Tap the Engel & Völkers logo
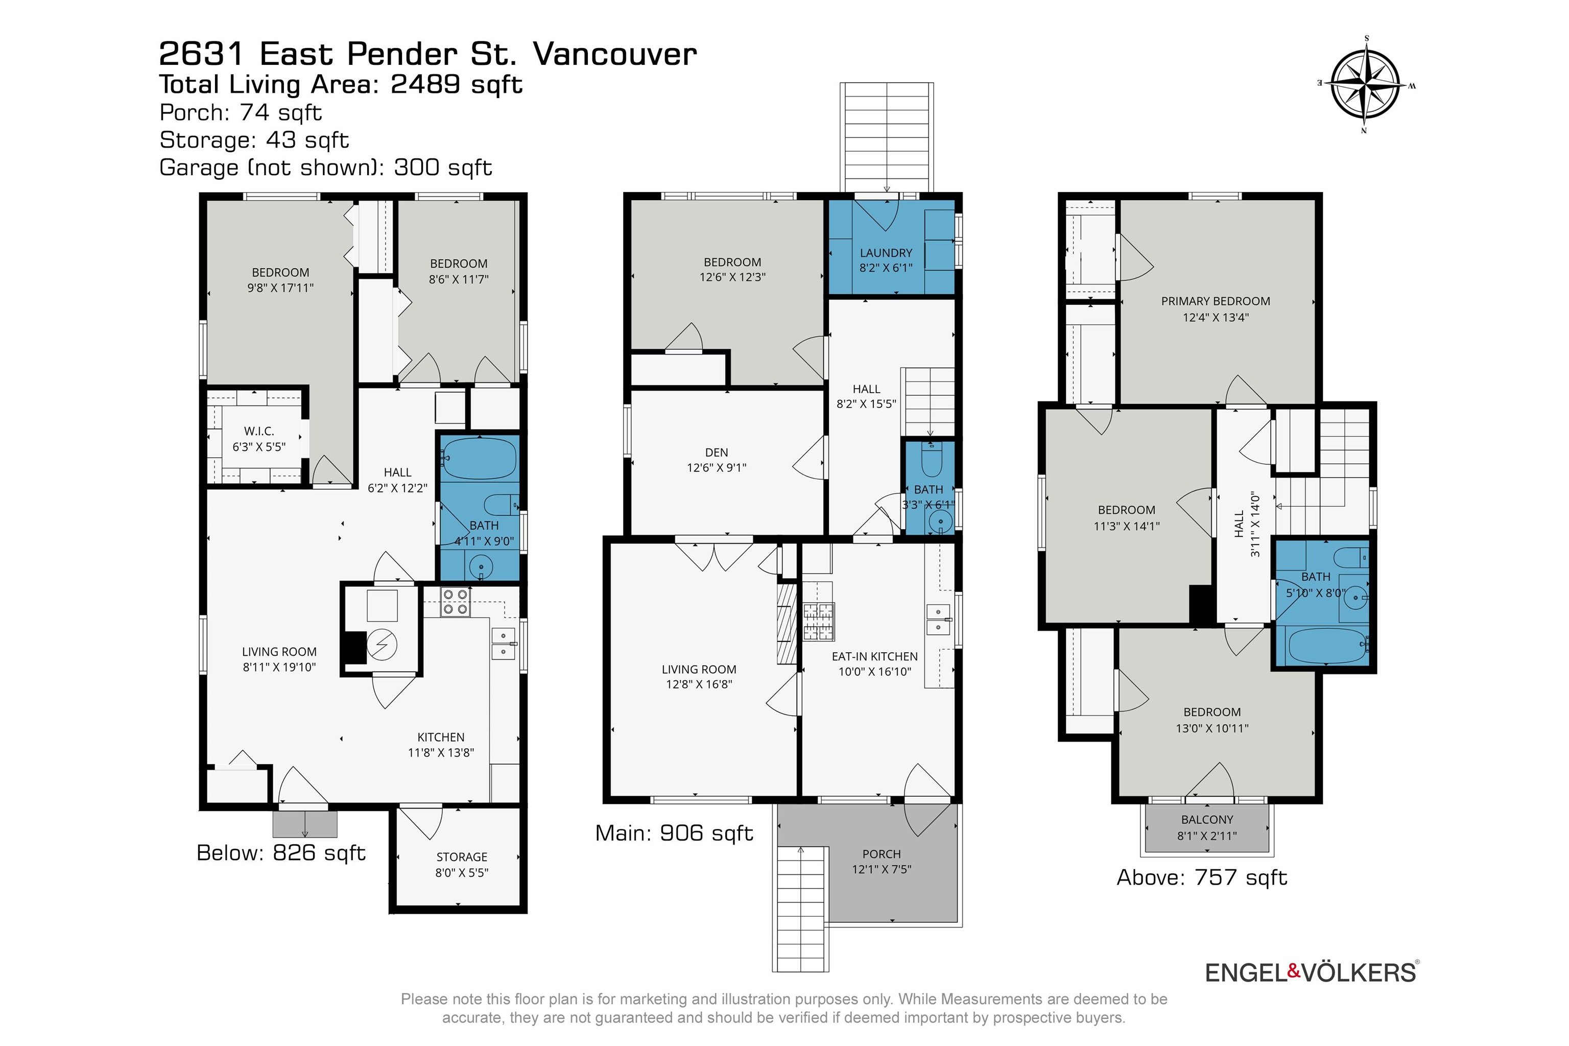[1312, 972]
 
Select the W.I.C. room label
[259, 432]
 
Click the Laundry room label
[886, 253]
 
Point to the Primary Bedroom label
[1216, 301]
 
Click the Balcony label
[1207, 819]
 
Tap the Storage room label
[462, 857]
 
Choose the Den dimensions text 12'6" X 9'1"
[717, 468]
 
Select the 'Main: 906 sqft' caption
[674, 833]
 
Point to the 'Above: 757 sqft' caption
[1201, 877]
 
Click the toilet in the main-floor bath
[931, 457]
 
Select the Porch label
[881, 854]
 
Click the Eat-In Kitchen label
[874, 656]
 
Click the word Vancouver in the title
[614, 54]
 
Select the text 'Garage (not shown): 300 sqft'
[325, 168]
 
